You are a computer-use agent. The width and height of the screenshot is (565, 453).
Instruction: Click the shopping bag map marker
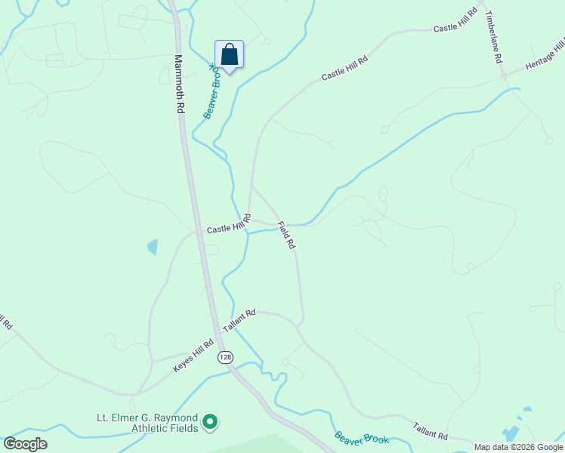[229, 55]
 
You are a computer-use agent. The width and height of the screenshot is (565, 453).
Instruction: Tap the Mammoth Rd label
[179, 83]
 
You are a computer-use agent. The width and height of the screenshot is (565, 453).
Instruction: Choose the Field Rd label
[286, 236]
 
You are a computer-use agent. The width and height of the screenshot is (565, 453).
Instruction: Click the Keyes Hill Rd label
[194, 355]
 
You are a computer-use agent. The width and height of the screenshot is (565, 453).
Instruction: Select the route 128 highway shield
[224, 356]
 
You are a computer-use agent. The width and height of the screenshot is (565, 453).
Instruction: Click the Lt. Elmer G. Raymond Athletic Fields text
[147, 423]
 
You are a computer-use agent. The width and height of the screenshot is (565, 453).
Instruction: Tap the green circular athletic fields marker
[211, 422]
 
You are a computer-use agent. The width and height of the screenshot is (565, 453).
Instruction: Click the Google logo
[25, 444]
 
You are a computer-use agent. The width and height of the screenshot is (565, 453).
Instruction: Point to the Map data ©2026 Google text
[518, 447]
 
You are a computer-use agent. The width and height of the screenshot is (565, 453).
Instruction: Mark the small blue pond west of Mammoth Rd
[153, 246]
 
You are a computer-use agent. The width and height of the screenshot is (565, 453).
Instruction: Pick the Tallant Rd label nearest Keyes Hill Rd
[239, 320]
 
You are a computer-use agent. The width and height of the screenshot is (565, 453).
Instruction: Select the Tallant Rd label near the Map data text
[431, 431]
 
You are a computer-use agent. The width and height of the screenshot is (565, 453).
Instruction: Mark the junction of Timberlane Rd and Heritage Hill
[503, 76]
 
